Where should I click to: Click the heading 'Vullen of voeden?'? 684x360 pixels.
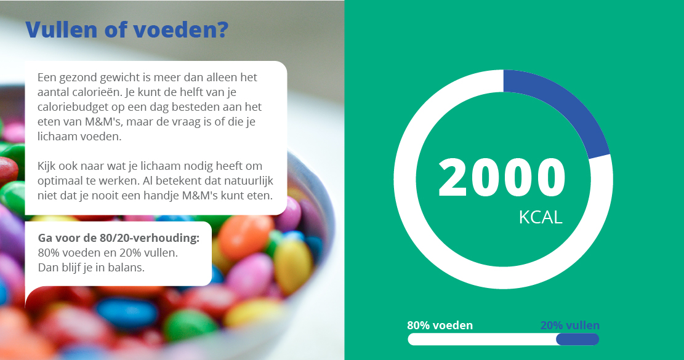(127, 30)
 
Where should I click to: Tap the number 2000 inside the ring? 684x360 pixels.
(502, 178)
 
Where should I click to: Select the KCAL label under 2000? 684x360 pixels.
(541, 217)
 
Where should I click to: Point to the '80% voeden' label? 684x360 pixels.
(440, 325)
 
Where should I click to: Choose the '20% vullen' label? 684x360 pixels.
(569, 325)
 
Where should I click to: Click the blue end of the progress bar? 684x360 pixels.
(577, 339)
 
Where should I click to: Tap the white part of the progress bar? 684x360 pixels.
(482, 339)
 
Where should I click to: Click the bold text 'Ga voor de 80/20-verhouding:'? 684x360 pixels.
(119, 238)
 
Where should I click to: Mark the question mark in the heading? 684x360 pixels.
(223, 30)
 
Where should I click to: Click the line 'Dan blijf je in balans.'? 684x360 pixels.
(91, 267)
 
